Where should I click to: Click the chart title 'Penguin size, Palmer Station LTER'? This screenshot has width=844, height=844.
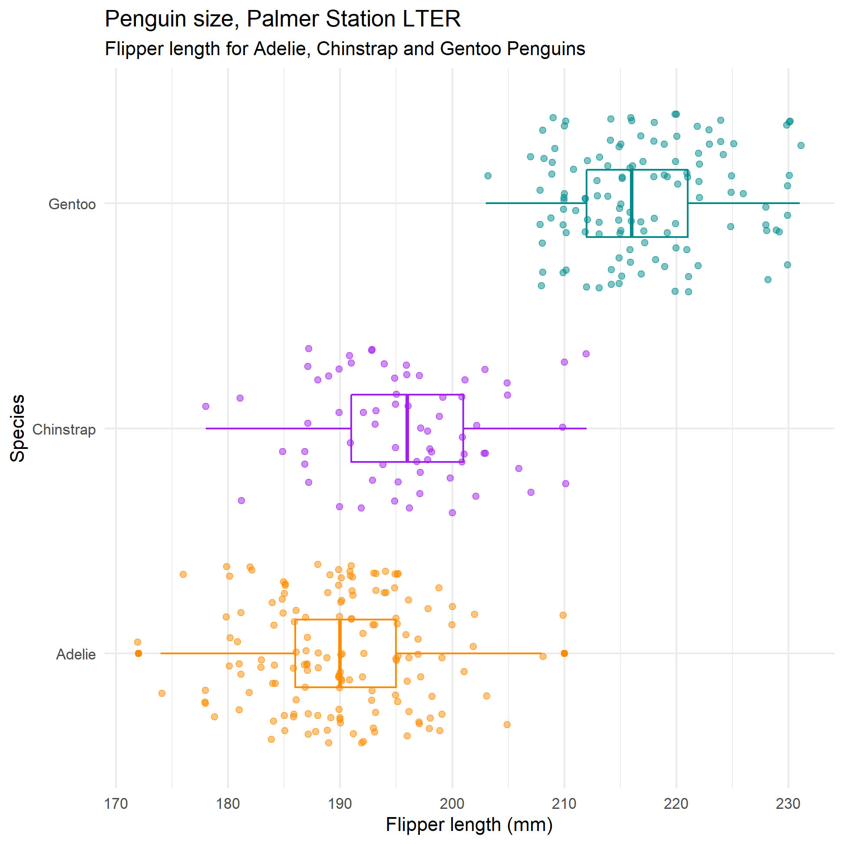click(x=283, y=19)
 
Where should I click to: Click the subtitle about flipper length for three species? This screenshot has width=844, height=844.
click(x=345, y=49)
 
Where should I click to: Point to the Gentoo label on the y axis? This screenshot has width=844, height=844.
click(x=72, y=204)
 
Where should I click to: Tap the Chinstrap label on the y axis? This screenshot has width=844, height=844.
click(x=64, y=429)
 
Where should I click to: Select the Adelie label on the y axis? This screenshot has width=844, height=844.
click(x=76, y=654)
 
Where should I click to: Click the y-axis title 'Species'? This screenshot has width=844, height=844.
click(x=17, y=428)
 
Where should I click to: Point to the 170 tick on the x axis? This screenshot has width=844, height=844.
click(x=116, y=804)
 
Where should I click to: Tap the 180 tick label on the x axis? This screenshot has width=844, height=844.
click(x=228, y=804)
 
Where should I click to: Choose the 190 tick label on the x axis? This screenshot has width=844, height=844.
click(x=340, y=804)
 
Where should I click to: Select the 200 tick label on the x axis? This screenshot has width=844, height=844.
click(x=452, y=804)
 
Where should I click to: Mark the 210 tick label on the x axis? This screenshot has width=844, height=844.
click(x=564, y=804)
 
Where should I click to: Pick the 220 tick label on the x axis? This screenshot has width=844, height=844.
click(x=676, y=804)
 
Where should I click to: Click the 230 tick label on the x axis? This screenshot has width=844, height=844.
click(x=788, y=804)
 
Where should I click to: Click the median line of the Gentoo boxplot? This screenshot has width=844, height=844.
click(x=632, y=204)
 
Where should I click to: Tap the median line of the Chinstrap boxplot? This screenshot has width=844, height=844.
click(x=407, y=428)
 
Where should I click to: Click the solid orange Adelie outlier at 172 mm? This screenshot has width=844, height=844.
click(x=138, y=653)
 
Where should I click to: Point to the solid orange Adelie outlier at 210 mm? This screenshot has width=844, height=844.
click(x=564, y=653)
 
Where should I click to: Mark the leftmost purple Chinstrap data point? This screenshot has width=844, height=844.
click(x=206, y=406)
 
